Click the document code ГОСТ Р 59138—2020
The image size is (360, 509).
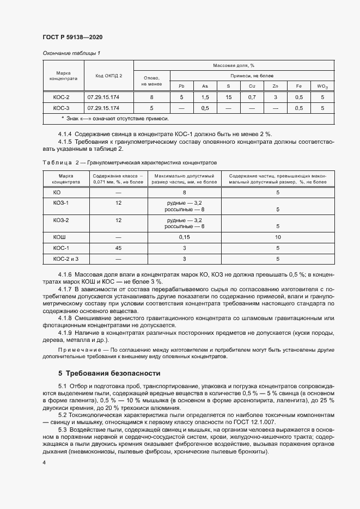click(72, 37)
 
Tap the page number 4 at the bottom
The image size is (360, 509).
click(44, 462)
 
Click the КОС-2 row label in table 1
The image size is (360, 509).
click(61, 97)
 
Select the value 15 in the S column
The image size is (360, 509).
click(228, 97)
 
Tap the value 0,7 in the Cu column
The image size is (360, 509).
click(252, 97)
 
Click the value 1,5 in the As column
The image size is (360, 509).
click(205, 97)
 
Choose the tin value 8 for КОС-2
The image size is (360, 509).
click(151, 97)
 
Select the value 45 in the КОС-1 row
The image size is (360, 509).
click(118, 248)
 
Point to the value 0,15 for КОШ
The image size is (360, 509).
click(184, 237)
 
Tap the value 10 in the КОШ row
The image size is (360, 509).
click(278, 237)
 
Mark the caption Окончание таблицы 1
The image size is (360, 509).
click(71, 53)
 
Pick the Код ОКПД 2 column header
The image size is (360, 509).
click(109, 76)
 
